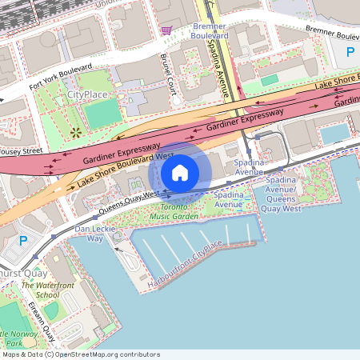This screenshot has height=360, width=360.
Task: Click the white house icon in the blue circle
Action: [180, 172]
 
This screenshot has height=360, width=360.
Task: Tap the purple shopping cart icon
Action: [166, 30]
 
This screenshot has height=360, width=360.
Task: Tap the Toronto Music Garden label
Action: [174, 211]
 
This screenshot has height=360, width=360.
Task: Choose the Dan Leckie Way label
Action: [90, 233]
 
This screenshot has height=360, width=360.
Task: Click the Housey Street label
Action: [21, 150]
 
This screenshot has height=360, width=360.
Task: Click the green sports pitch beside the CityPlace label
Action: [102, 114]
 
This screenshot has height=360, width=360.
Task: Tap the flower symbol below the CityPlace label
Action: [75, 132]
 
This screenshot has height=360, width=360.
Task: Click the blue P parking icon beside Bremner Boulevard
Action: [350, 53]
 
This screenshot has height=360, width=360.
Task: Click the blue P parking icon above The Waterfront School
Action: [24, 240]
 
